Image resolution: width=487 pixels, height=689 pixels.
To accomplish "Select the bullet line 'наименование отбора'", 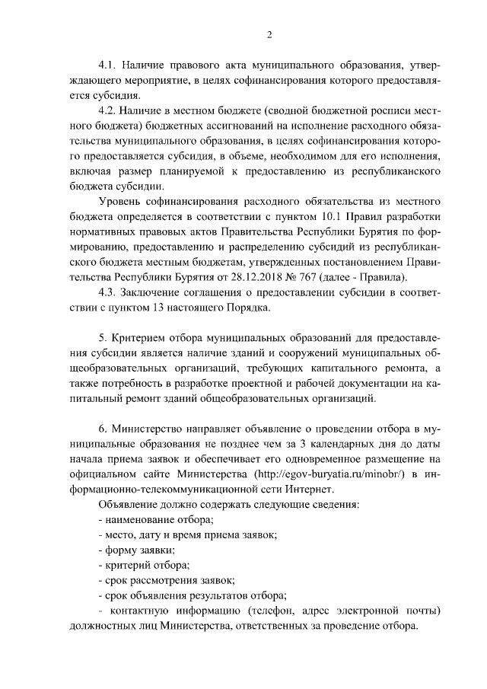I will [157, 522].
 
